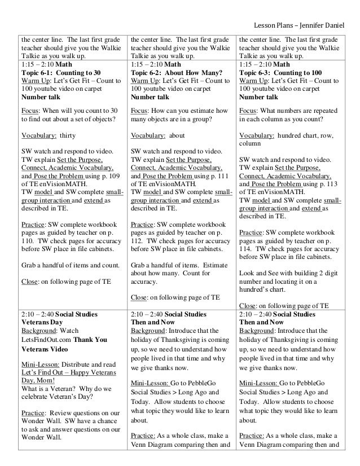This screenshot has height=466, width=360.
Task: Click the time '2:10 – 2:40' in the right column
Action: [256, 313]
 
